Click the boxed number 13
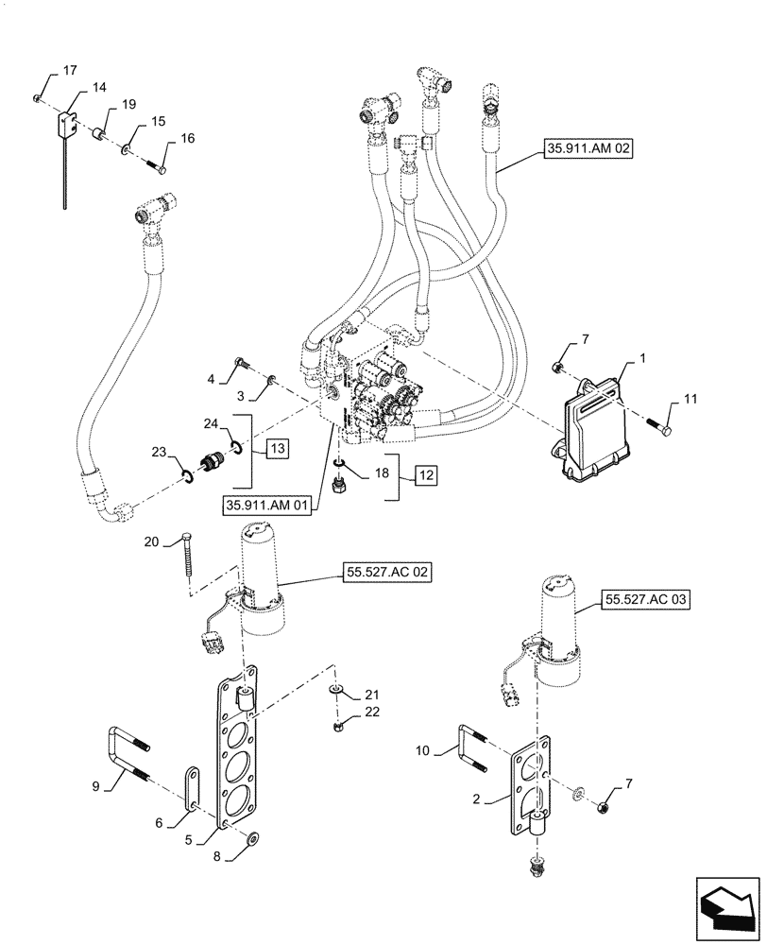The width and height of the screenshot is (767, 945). tap(278, 447)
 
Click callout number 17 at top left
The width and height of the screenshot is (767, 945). tap(71, 71)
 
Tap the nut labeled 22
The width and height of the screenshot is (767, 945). tap(339, 726)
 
